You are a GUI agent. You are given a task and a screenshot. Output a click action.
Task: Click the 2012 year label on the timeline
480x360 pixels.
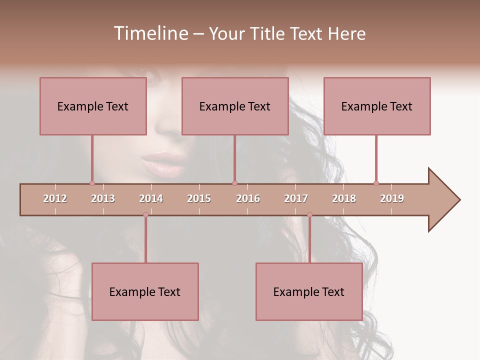point(55,198)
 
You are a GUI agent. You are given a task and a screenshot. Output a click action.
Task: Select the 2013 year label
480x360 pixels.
point(103,198)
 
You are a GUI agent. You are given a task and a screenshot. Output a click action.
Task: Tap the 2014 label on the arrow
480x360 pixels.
point(151,198)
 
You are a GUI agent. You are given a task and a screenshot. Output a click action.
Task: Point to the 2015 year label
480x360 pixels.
point(199,198)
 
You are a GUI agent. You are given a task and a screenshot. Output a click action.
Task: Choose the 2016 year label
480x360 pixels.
point(248,198)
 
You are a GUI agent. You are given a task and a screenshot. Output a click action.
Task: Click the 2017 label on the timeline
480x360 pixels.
point(296,198)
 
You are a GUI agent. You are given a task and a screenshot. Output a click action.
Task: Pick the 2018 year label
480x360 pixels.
point(344,198)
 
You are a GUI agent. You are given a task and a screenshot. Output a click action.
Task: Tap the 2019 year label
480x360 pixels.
point(392,198)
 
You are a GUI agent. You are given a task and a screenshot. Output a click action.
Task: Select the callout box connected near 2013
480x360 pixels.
point(93,106)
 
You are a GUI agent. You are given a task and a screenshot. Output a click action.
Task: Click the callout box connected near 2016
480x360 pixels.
point(235,106)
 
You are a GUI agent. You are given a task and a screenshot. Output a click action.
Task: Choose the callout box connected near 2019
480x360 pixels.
point(377,106)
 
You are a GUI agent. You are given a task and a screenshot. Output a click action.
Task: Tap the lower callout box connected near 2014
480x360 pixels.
point(145,291)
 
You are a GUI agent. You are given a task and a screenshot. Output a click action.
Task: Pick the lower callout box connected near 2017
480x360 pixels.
point(309,291)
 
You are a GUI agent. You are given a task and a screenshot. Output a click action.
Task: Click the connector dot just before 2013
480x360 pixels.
point(92,183)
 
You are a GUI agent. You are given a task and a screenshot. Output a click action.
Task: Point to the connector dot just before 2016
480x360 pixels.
point(234,183)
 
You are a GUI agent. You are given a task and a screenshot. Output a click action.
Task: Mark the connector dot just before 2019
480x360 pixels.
point(376,183)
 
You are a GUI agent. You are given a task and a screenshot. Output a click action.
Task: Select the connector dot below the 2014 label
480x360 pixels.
point(145,215)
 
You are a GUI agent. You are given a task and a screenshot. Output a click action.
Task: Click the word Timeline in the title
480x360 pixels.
point(149,33)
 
